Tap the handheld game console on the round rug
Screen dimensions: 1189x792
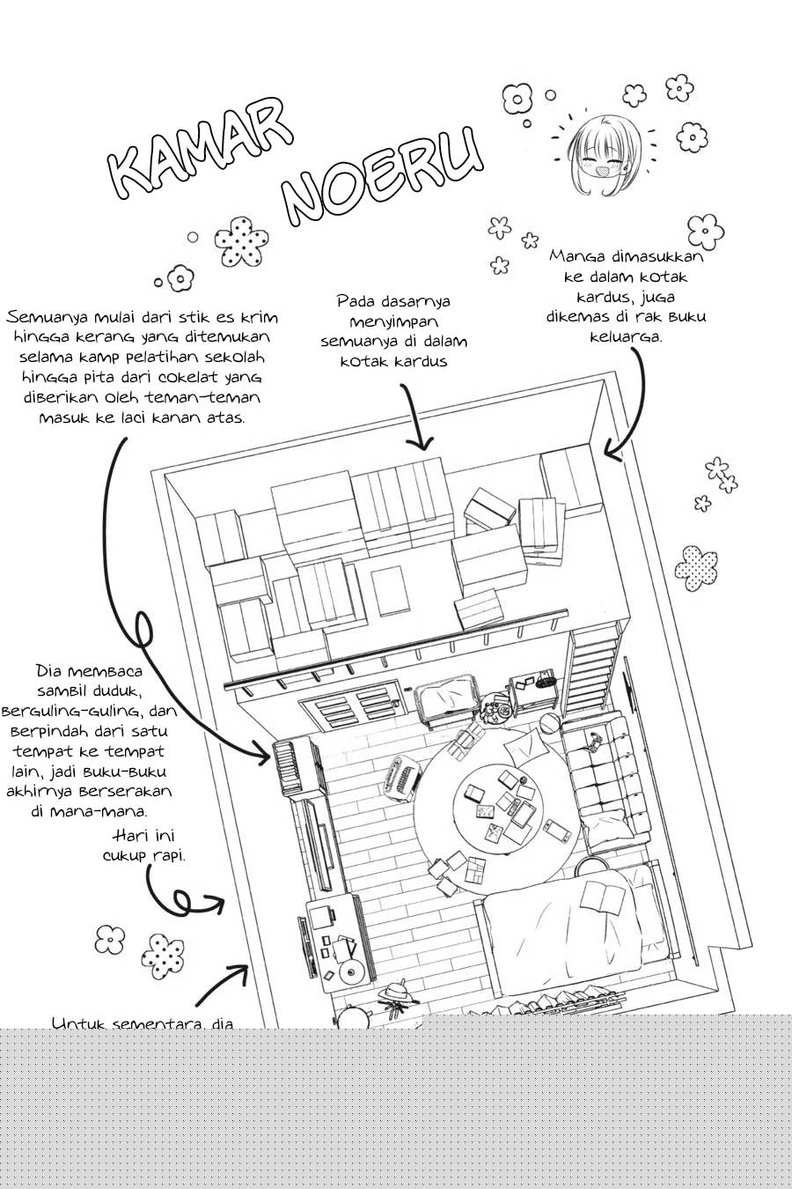pos(555,828)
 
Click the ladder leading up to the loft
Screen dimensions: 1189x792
pos(593,668)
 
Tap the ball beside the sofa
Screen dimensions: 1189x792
pos(549,723)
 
